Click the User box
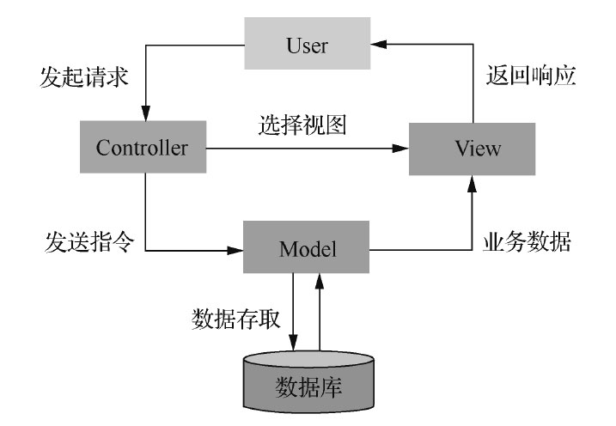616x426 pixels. tap(307, 45)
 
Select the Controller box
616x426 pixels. tap(143, 148)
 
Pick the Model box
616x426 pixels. tap(307, 250)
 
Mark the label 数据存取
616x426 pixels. tap(234, 319)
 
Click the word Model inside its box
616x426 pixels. tap(307, 250)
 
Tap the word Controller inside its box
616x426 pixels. tap(143, 148)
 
